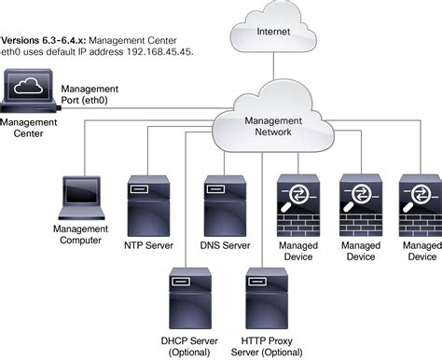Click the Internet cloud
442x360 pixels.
(x=271, y=30)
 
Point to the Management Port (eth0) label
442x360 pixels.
(x=90, y=94)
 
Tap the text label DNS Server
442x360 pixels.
(x=225, y=246)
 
